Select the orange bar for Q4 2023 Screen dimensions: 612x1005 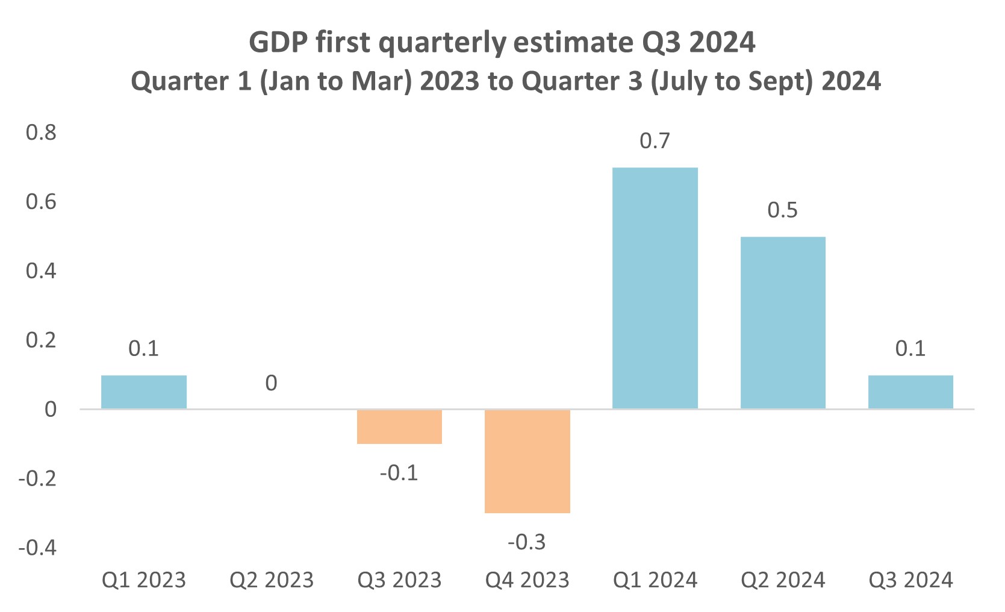(527, 461)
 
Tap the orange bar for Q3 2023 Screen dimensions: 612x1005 (399, 426)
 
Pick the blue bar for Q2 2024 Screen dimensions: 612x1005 (782, 323)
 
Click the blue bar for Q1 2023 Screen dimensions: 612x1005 (144, 392)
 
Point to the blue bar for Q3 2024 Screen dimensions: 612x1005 (910, 392)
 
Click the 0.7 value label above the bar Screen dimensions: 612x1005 (655, 141)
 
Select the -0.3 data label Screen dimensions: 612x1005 (527, 542)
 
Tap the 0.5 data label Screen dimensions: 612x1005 (782, 210)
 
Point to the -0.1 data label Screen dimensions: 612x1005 (399, 473)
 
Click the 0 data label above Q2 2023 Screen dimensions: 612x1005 (272, 383)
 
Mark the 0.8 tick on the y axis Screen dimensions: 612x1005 (41, 133)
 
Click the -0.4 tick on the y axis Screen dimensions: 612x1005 (37, 548)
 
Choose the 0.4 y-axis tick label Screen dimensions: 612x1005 (41, 271)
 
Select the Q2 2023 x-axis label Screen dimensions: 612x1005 (272, 580)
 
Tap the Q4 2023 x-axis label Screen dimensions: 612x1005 (527, 580)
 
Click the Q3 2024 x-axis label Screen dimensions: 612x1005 (910, 580)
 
